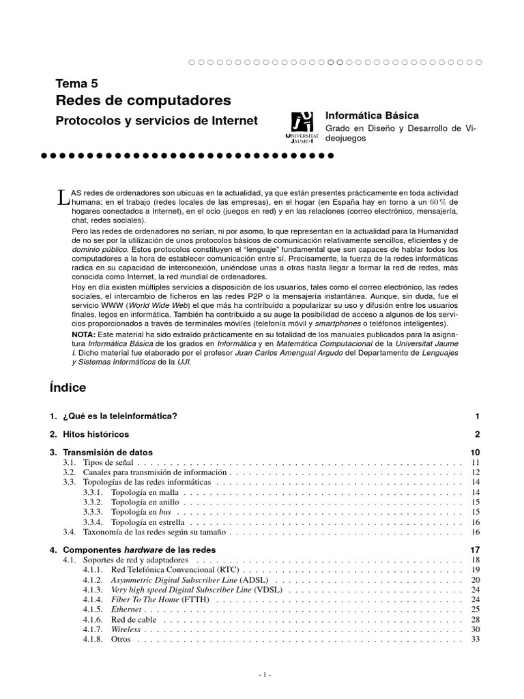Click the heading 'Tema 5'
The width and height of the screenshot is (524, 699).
click(x=76, y=84)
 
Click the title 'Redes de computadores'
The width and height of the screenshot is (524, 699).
click(x=143, y=101)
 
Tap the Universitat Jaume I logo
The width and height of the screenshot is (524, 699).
click(x=302, y=126)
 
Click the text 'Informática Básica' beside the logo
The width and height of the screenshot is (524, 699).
click(x=371, y=116)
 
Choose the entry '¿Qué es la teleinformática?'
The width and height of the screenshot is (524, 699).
click(x=119, y=416)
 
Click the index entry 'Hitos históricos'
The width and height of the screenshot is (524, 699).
click(x=96, y=434)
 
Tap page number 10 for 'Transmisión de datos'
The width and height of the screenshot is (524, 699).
click(x=476, y=453)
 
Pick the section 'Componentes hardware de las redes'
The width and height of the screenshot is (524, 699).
click(x=139, y=550)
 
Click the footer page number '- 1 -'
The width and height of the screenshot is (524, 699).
click(x=265, y=675)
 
